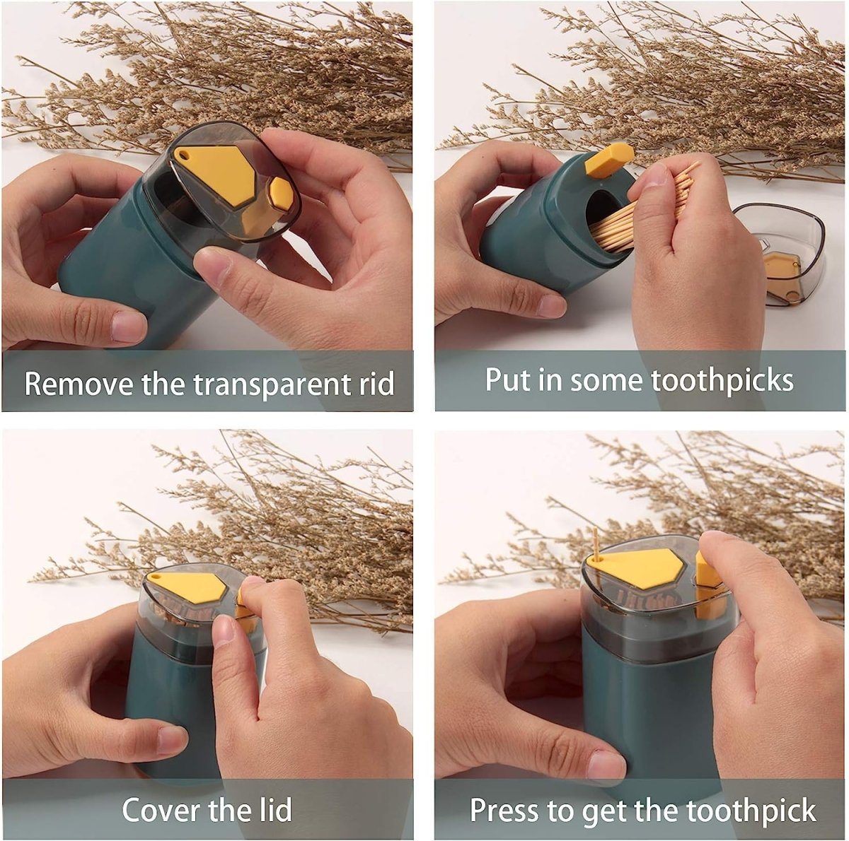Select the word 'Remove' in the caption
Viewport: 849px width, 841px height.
coord(79,384)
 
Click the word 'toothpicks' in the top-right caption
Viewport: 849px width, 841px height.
coord(722,380)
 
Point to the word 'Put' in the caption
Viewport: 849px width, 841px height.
coord(508,380)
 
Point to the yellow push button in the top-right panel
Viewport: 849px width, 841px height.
coord(608,160)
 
